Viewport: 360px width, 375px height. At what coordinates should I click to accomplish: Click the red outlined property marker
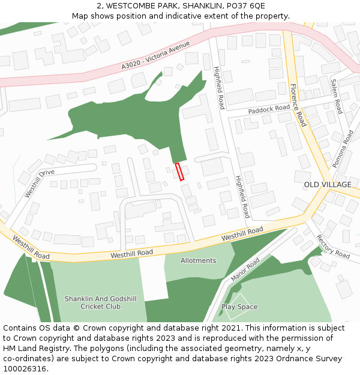(x=179, y=172)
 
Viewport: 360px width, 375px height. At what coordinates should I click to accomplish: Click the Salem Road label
(x=337, y=96)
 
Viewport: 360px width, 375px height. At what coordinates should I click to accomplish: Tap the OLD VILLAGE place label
(x=328, y=185)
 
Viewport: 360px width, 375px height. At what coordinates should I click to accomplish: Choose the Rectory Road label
(x=332, y=247)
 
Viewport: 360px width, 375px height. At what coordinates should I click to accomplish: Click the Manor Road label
(x=245, y=269)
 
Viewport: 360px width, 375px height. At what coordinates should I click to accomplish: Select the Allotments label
(x=199, y=260)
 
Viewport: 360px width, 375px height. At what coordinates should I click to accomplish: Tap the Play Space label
(x=239, y=307)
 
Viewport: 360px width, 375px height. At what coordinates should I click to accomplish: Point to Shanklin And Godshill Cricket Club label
(x=92, y=302)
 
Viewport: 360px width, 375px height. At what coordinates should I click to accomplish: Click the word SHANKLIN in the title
(x=202, y=6)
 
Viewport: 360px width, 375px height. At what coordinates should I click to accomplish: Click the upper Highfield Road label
(x=219, y=89)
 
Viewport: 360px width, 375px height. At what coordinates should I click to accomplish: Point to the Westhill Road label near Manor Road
(x=242, y=234)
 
